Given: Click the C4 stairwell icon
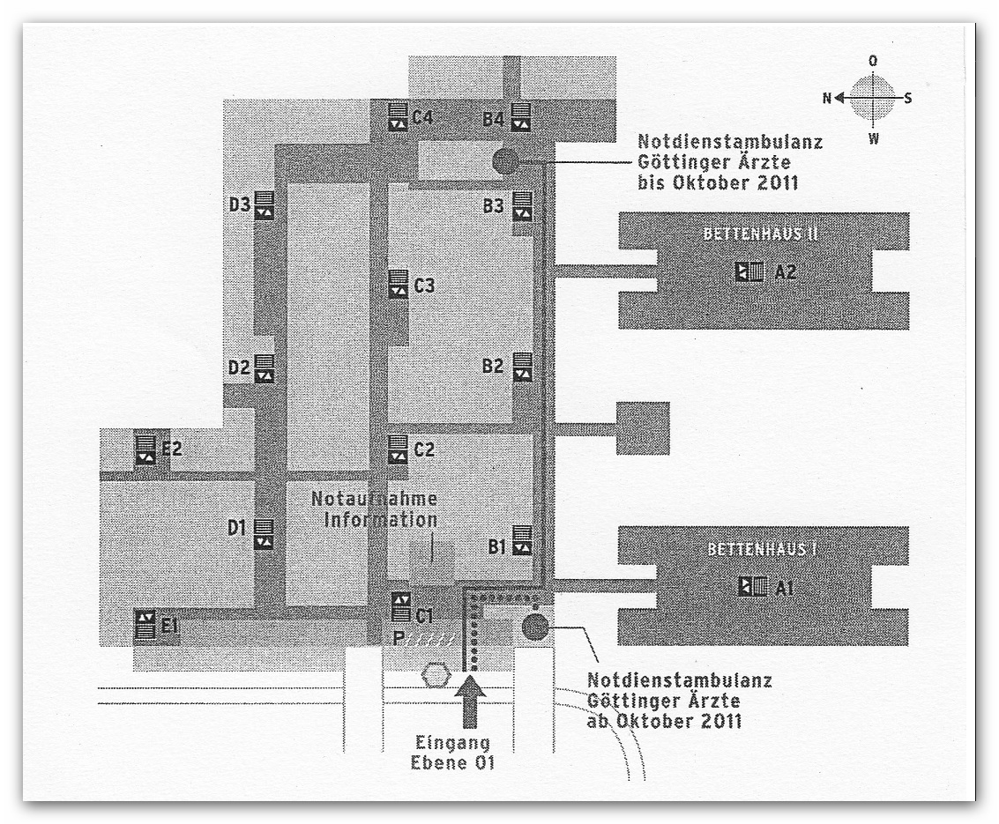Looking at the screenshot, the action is [398, 116].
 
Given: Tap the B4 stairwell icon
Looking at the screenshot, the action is [521, 116].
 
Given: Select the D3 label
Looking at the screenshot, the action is [240, 205].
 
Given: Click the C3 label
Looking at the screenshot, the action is [424, 286].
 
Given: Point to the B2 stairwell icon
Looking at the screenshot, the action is [523, 367].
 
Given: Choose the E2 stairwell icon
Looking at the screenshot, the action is [145, 449].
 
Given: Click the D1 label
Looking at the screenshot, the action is [237, 528].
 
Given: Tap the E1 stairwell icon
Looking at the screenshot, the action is [145, 624].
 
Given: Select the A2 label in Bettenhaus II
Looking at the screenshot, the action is [786, 272].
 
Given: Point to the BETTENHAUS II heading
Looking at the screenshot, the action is [760, 234].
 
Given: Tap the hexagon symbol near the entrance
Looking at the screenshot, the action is [436, 675].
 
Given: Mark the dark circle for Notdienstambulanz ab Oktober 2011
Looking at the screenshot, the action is [535, 627].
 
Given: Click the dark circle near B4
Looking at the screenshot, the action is [506, 161].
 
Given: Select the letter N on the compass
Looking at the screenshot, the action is [827, 98].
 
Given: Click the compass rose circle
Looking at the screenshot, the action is [872, 98].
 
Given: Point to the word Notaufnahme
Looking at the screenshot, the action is [374, 499].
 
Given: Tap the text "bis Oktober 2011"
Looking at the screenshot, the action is [718, 182].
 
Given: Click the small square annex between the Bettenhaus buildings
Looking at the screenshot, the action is [643, 428].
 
